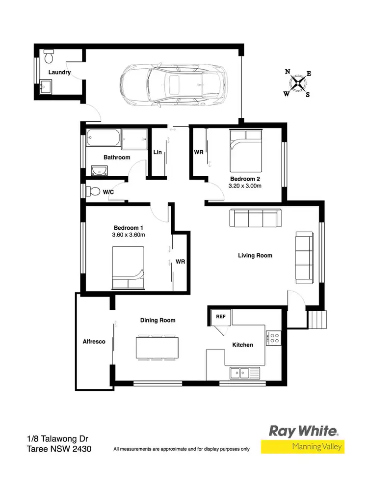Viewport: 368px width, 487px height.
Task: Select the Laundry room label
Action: (59, 72)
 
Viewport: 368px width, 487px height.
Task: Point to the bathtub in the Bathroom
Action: (103, 138)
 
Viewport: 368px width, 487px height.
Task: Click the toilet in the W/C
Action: (93, 191)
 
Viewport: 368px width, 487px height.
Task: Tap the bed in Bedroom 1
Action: (128, 268)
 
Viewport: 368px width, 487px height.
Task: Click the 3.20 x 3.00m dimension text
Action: (245, 186)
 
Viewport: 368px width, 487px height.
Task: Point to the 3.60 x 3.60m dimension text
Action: (129, 235)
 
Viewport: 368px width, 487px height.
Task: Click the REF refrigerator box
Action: (221, 316)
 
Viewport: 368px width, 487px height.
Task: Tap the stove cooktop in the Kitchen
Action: (273, 337)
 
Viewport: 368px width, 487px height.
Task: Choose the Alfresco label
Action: (94, 341)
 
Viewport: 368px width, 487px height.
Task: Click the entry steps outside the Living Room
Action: (317, 321)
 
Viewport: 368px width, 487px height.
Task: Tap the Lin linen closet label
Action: (158, 152)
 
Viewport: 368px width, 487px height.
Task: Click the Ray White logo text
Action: (303, 432)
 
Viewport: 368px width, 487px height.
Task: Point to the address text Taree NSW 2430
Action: (59, 449)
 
